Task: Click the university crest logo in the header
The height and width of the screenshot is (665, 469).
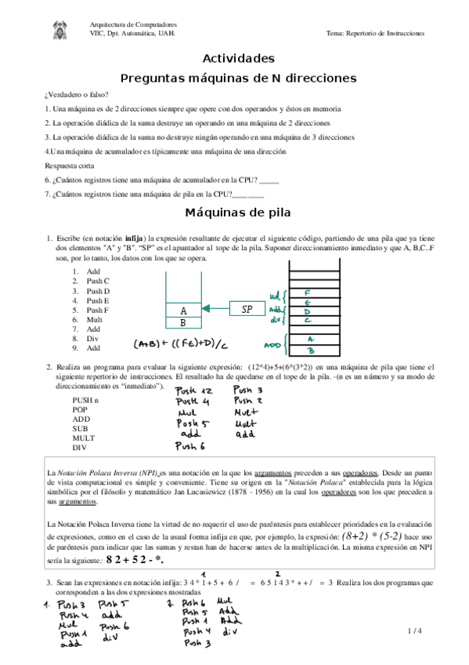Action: (63, 30)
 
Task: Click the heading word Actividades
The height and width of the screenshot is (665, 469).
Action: (239, 59)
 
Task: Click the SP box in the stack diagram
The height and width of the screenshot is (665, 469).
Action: (247, 310)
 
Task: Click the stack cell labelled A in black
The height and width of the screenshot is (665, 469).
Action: (183, 310)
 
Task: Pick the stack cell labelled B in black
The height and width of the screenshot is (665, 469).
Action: (183, 322)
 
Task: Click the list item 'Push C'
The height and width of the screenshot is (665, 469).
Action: (98, 281)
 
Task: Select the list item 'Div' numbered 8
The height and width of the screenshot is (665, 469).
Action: (93, 338)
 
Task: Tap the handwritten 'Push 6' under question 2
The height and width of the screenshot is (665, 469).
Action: (190, 447)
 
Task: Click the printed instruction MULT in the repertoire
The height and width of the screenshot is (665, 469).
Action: (84, 438)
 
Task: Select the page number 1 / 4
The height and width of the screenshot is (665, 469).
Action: (415, 631)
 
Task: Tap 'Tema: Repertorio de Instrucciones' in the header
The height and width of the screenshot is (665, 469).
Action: (375, 34)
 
